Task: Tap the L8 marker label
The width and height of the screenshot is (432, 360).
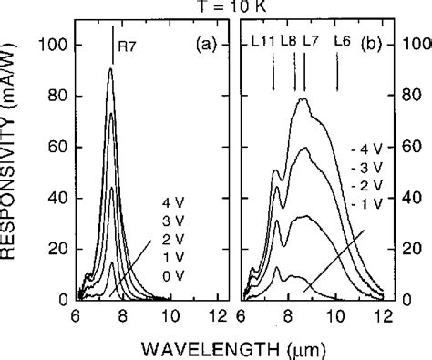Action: pyautogui.click(x=289, y=41)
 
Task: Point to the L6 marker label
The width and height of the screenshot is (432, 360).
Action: pyautogui.click(x=343, y=41)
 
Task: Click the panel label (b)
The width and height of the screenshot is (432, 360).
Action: pyautogui.click(x=375, y=42)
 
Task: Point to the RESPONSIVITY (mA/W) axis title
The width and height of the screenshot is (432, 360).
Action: pyautogui.click(x=12, y=173)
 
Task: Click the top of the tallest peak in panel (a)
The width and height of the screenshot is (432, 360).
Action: pyautogui.click(x=111, y=69)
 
